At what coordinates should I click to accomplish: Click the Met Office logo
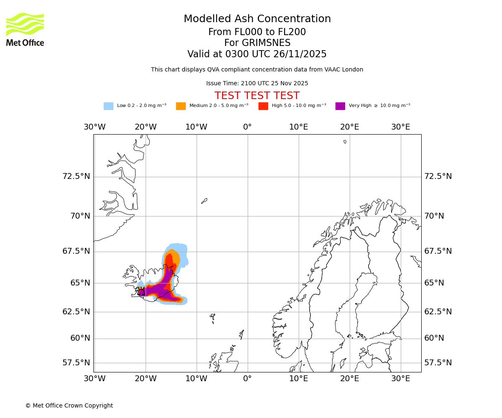pyautogui.click(x=25, y=29)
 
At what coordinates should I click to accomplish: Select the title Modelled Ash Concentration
pyautogui.click(x=257, y=19)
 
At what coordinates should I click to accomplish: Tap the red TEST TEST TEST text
pyautogui.click(x=257, y=96)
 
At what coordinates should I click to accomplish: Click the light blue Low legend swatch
pyautogui.click(x=108, y=106)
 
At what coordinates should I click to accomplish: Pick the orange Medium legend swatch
pyautogui.click(x=181, y=106)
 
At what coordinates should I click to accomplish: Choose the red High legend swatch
pyautogui.click(x=263, y=106)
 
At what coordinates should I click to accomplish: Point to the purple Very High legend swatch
pyautogui.click(x=340, y=106)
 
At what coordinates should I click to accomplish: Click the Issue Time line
pyautogui.click(x=257, y=84)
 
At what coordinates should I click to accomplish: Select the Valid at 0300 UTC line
pyautogui.click(x=257, y=54)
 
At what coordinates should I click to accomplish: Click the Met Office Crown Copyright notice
pyautogui.click(x=69, y=405)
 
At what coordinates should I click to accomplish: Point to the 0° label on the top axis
pyautogui.click(x=248, y=127)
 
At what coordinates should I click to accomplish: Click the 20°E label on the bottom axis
pyautogui.click(x=349, y=379)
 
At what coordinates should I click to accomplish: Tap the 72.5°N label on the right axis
pyautogui.click(x=438, y=176)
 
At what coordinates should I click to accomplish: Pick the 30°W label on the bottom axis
pyautogui.click(x=95, y=379)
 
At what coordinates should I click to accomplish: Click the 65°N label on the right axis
pyautogui.click(x=435, y=283)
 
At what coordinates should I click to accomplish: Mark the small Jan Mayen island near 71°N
pyautogui.click(x=204, y=201)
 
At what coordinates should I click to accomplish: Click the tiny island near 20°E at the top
pyautogui.click(x=345, y=142)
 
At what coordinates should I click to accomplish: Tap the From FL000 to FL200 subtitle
pyautogui.click(x=257, y=32)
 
